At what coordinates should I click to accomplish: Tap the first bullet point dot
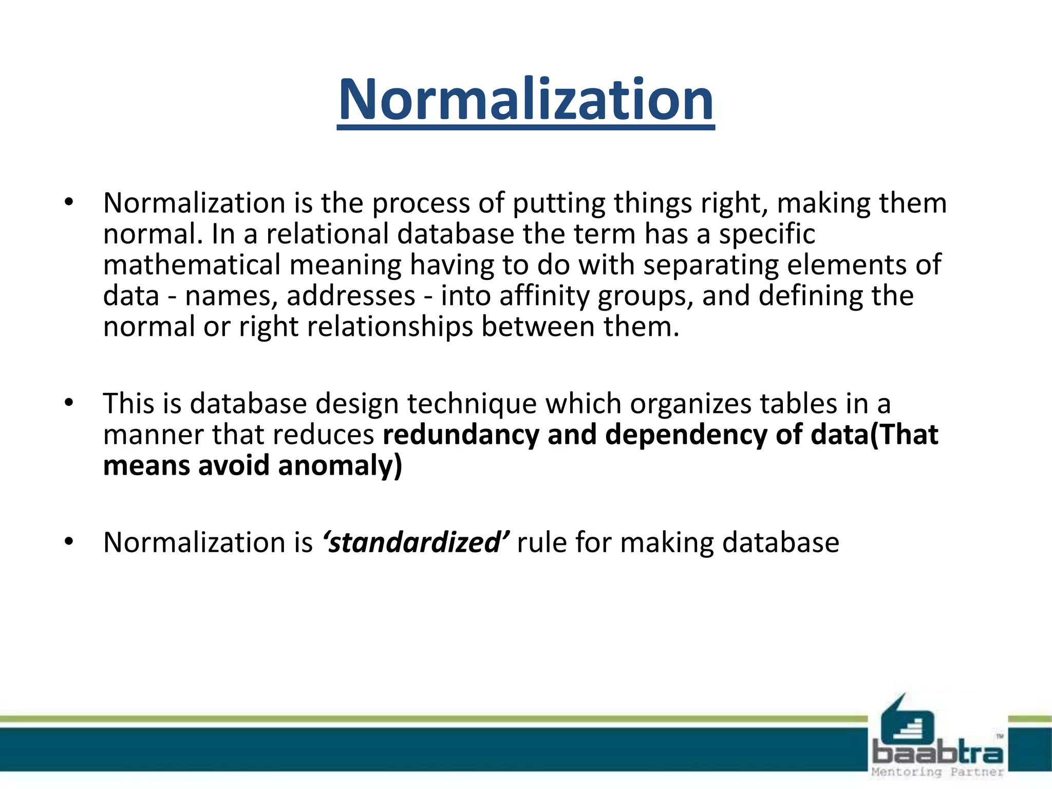[x=69, y=202]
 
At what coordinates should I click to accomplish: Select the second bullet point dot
[x=69, y=403]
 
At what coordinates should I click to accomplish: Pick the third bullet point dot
[x=69, y=541]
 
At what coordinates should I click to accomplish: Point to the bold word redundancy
[x=461, y=435]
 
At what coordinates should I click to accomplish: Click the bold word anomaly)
[x=340, y=466]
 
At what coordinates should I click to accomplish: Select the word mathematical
[x=192, y=265]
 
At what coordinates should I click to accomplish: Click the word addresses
[x=351, y=296]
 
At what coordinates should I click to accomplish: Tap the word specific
[x=766, y=234]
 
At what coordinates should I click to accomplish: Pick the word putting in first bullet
[x=559, y=203]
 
